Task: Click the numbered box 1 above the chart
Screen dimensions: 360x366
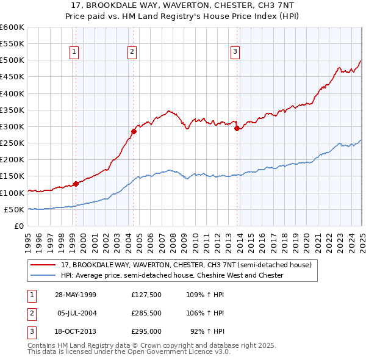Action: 73,52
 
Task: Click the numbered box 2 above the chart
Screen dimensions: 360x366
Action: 132,52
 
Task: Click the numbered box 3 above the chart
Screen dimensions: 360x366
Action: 235,52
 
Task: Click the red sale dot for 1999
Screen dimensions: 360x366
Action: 76,183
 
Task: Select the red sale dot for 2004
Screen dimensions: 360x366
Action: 134,131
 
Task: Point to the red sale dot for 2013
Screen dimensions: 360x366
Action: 236,128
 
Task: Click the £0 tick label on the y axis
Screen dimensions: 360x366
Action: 19,226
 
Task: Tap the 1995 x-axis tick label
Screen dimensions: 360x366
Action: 28,239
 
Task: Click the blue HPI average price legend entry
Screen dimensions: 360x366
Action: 172,275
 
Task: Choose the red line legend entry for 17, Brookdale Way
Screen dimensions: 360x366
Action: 186,265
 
